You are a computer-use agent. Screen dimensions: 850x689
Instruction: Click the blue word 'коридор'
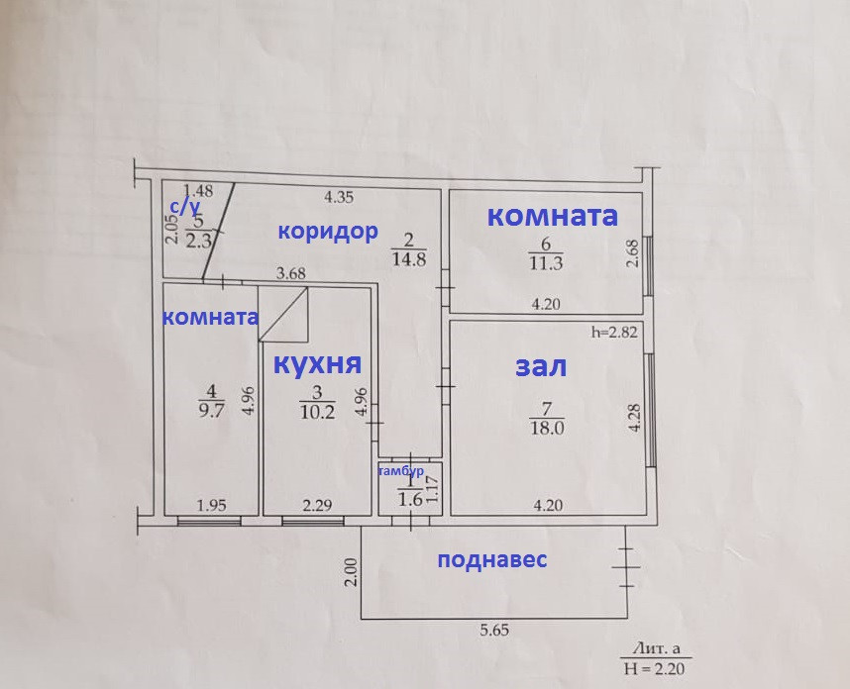(x=327, y=232)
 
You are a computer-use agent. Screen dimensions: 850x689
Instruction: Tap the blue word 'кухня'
(x=316, y=361)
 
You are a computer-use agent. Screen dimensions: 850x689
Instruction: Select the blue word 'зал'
(x=541, y=366)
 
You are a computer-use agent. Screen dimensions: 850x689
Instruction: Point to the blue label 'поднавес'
(x=492, y=559)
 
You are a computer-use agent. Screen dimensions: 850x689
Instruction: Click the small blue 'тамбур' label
(x=401, y=472)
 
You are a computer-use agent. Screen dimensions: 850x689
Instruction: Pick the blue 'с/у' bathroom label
(x=184, y=205)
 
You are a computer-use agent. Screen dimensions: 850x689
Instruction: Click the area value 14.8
(x=409, y=262)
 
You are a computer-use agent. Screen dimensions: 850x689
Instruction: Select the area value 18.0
(x=547, y=428)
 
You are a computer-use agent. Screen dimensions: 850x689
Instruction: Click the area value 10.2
(x=316, y=415)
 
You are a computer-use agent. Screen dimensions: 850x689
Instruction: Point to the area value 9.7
(x=209, y=415)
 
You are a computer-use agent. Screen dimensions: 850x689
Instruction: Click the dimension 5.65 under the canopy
(x=495, y=631)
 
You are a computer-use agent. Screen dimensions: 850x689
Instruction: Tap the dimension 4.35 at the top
(x=339, y=195)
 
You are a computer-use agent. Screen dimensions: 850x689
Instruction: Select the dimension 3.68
(x=291, y=273)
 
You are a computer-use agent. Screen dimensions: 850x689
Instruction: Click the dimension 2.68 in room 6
(x=631, y=255)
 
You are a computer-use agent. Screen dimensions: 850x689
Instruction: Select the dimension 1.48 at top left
(x=199, y=190)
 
